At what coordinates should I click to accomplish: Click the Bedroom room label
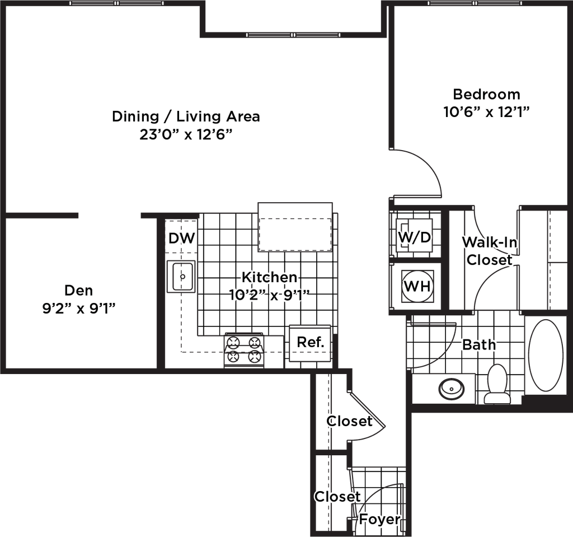(486, 94)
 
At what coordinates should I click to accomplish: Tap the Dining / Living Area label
(186, 117)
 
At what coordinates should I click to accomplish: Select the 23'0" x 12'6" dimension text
(186, 135)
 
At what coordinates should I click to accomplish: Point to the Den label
(79, 291)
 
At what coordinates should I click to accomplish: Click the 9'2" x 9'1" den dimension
(79, 309)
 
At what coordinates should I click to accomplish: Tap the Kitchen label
(269, 277)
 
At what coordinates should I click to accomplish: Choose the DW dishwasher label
(182, 239)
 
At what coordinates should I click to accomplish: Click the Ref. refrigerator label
(311, 342)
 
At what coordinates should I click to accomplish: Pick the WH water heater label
(417, 287)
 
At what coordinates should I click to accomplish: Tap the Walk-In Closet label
(489, 251)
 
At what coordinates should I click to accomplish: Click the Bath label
(479, 344)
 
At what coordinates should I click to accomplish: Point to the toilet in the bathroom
(496, 383)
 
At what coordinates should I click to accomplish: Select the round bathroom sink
(449, 388)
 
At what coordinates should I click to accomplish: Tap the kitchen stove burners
(244, 347)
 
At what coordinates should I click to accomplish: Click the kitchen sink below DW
(181, 276)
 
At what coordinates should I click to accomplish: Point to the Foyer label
(380, 519)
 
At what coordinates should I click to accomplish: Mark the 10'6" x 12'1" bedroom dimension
(486, 112)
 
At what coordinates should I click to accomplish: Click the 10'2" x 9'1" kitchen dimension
(269, 295)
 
